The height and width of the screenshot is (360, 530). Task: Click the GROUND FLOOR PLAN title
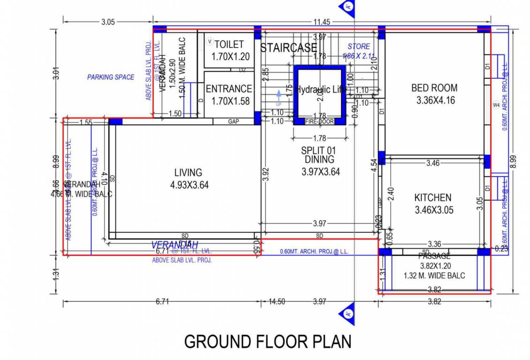coord(268,341)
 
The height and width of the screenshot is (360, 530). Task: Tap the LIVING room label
coord(188,172)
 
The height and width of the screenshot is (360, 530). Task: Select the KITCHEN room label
coord(433,198)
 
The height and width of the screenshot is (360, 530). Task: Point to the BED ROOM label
coord(434,88)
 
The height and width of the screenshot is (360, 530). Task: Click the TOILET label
coord(229,45)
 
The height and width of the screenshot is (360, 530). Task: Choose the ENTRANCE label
coord(229,89)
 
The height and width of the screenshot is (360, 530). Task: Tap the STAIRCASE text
coord(288,48)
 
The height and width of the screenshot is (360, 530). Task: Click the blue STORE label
coord(358,46)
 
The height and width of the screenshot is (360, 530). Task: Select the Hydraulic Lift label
coord(321,89)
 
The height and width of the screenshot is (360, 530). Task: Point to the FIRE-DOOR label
coord(319,121)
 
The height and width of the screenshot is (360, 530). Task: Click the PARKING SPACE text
coord(111,77)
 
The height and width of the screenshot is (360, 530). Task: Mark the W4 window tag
coord(496,105)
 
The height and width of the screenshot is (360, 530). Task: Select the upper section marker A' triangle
coord(347,8)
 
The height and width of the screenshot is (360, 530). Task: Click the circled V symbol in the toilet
coord(210,42)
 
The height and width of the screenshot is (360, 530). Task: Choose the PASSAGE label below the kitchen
coord(434,256)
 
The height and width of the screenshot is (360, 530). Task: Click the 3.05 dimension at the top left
coord(108,22)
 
